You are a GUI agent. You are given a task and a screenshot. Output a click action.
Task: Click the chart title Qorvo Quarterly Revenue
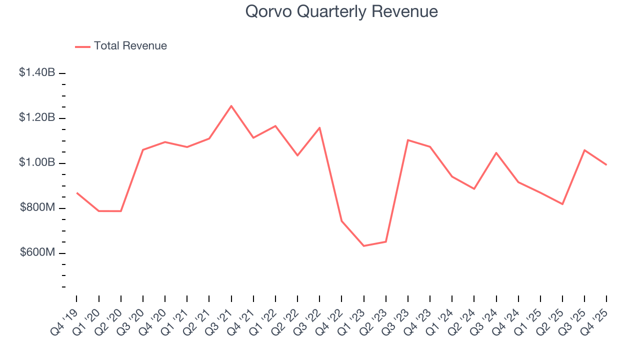point(341,11)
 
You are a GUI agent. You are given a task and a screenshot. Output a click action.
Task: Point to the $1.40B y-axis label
point(37,72)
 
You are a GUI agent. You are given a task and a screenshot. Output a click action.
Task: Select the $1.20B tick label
point(37,117)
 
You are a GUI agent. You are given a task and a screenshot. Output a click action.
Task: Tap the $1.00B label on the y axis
point(37,162)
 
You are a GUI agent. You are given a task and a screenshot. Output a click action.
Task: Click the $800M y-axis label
point(37,207)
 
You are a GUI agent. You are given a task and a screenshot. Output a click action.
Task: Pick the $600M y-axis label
point(37,252)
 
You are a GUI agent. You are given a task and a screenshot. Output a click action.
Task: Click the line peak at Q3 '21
point(231,106)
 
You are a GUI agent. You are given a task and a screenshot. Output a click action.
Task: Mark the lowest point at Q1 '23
point(363,246)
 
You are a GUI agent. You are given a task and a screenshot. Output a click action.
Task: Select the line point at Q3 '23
point(408,140)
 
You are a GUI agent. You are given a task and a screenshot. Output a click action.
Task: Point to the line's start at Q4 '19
point(76,192)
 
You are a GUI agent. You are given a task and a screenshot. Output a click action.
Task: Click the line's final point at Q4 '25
point(606,164)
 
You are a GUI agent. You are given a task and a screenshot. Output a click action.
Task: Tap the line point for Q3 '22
point(319,127)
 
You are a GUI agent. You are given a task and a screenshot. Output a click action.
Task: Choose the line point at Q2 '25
point(562,204)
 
